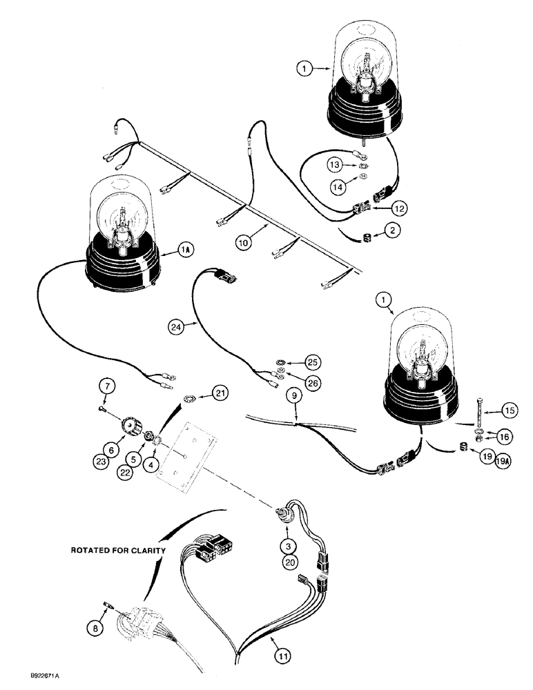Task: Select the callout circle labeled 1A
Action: tap(184, 253)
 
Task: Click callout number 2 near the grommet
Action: tap(392, 233)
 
